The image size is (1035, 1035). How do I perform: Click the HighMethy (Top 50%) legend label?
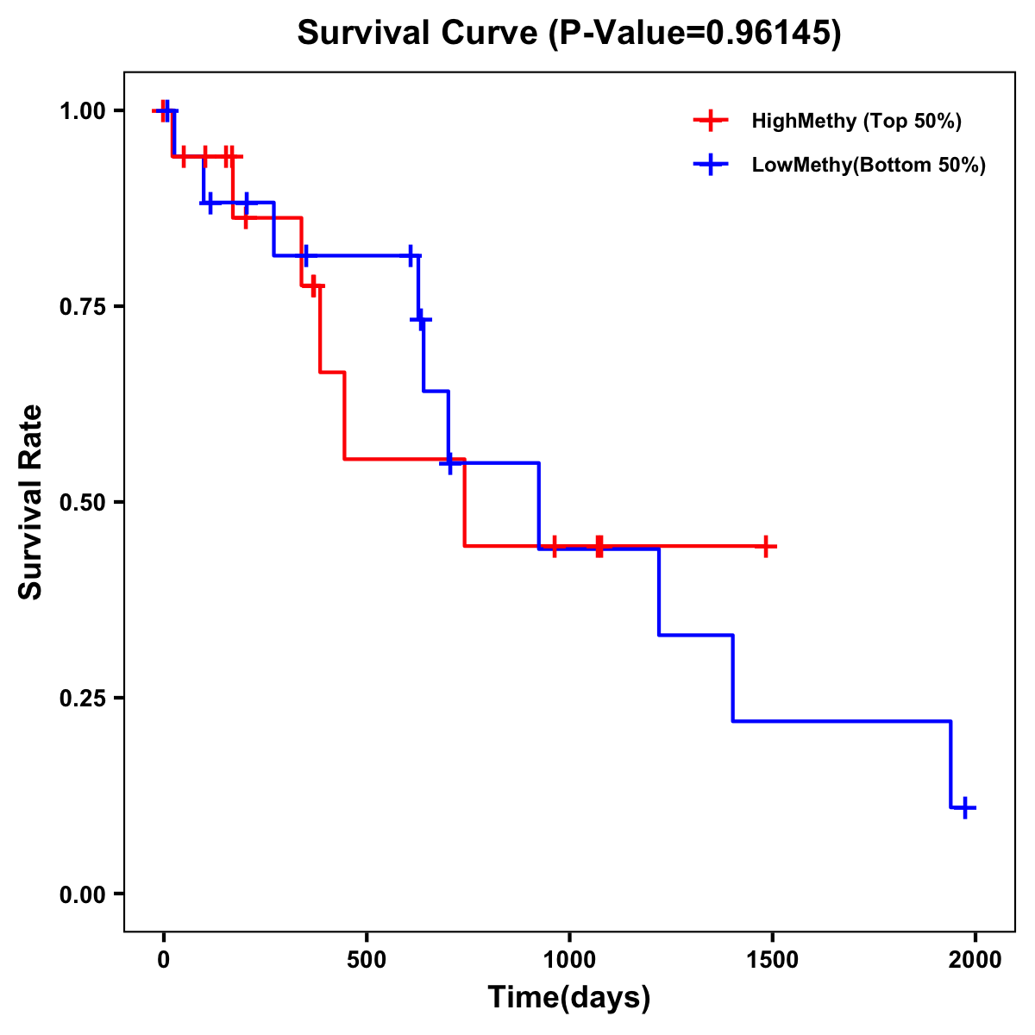coord(856,121)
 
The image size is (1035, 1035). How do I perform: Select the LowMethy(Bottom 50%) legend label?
coord(869,165)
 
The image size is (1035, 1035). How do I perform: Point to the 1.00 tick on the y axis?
coord(83,110)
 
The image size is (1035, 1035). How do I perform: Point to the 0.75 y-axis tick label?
coord(83,306)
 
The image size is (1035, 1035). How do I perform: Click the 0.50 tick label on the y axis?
coord(83,502)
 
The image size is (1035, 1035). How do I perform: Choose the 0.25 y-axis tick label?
coord(83,698)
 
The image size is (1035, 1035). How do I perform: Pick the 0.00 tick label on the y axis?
coord(83,894)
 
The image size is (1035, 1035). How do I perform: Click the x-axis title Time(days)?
coord(569,998)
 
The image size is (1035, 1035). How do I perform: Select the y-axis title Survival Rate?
coord(31,502)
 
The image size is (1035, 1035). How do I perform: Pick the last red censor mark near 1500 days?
coord(766,546)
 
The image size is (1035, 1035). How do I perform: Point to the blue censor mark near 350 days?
coord(304,256)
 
